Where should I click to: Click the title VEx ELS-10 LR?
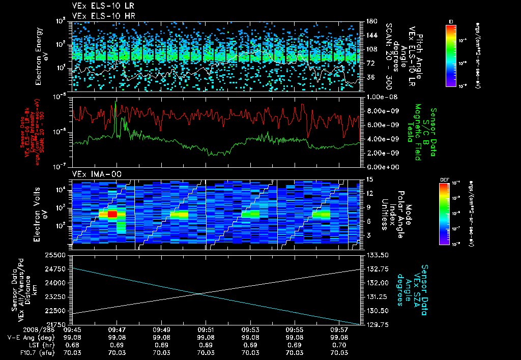[x=100, y=7]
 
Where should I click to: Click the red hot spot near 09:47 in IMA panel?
[x=112, y=215]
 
